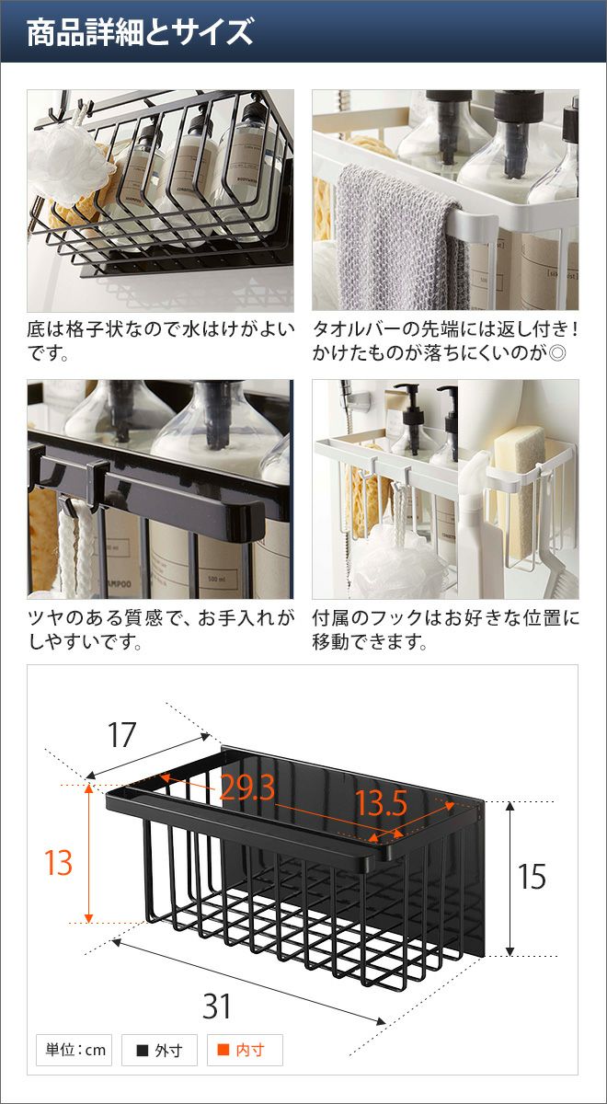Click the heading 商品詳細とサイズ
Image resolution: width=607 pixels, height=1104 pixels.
tap(140, 32)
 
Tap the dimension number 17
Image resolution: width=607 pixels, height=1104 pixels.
tap(121, 735)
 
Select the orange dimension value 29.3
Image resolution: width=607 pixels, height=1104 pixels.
tap(246, 788)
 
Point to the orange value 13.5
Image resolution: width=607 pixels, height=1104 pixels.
tap(381, 803)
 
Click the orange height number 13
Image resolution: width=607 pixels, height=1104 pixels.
tap(58, 863)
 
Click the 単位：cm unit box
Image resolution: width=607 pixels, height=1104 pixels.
tap(74, 1050)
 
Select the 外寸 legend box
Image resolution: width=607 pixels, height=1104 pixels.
tap(160, 1050)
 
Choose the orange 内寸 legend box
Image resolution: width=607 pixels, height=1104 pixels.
tap(245, 1050)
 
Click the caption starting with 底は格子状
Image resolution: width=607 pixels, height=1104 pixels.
tap(161, 341)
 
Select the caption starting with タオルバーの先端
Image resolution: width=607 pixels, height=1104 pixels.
tap(445, 341)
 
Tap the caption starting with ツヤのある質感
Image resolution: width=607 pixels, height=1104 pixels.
tap(161, 629)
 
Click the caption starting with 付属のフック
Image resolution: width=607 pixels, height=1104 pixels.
tap(445, 629)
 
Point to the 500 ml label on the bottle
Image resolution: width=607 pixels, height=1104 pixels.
tap(216, 579)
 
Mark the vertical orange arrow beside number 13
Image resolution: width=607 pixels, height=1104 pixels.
tap(88, 853)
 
